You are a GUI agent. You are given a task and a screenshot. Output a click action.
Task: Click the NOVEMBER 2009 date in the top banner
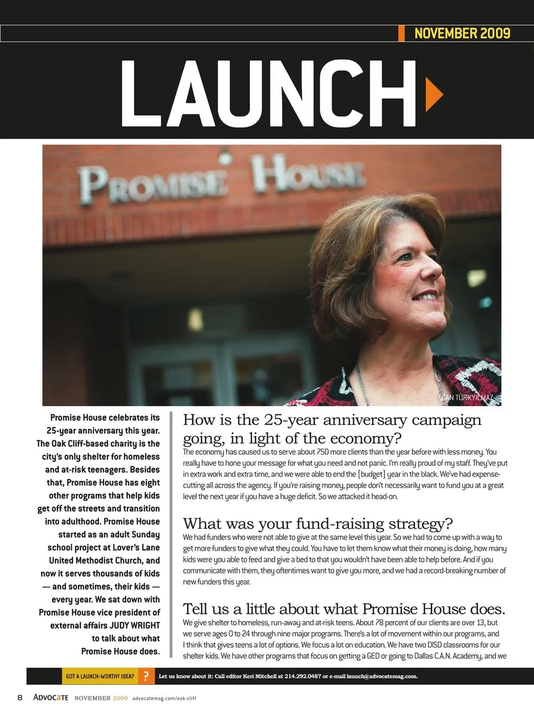click(462, 33)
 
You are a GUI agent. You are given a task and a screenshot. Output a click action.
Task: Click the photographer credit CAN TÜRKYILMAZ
click(467, 397)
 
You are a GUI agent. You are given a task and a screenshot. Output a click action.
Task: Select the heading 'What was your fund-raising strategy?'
click(318, 524)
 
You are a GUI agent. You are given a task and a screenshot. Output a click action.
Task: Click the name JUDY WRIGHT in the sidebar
click(135, 626)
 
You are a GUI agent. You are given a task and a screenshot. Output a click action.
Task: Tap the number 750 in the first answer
click(323, 452)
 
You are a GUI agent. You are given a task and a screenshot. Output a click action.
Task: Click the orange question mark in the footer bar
click(146, 676)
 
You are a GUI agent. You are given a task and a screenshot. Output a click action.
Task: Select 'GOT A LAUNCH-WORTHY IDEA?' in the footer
click(100, 676)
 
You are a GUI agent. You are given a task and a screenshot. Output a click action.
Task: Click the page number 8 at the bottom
click(20, 697)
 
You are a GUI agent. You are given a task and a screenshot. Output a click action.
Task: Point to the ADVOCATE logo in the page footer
click(51, 697)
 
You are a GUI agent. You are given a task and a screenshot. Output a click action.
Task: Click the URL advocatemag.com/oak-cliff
click(164, 698)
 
